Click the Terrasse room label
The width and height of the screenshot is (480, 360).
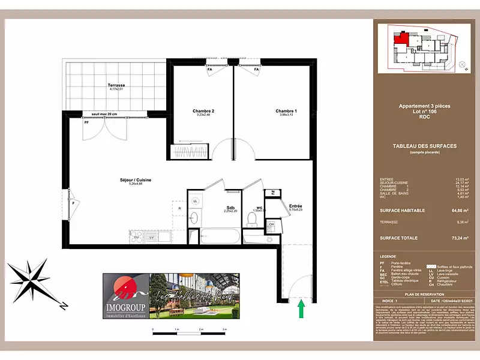[x=116, y=86]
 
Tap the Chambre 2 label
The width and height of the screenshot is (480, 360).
[x=203, y=112]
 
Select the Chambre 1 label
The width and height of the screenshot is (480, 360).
[x=286, y=112]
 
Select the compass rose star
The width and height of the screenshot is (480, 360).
[x=35, y=275]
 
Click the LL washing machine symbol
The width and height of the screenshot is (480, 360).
[x=196, y=201]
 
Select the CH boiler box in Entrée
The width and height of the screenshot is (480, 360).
[x=271, y=225]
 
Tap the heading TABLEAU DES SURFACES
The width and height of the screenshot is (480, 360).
[x=425, y=146]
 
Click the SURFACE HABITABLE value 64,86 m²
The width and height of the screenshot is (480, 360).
[x=460, y=211]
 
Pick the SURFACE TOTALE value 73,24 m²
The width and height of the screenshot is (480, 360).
[x=460, y=238]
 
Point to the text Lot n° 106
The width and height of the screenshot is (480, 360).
[x=425, y=112]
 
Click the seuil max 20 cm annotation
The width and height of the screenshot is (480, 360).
[x=104, y=114]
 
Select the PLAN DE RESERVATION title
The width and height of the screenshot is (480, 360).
[x=425, y=295]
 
